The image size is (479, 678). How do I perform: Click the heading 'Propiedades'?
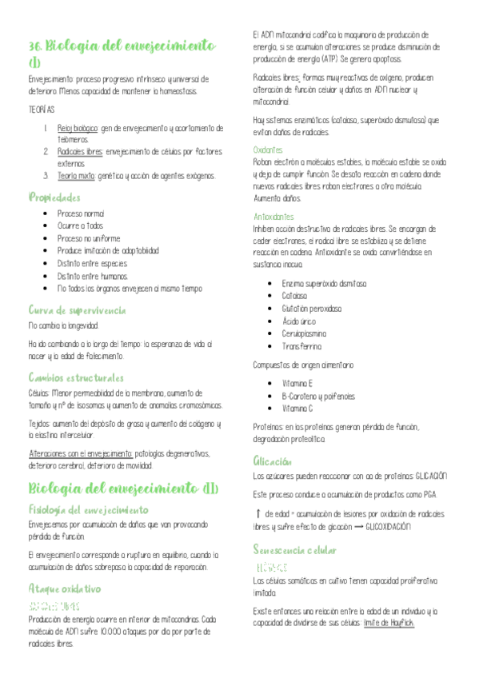(x=54, y=197)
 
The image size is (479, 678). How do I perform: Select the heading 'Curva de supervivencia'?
(x=77, y=309)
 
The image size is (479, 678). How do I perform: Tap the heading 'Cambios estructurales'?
(x=76, y=377)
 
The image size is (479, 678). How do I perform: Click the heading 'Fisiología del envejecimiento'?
(x=88, y=508)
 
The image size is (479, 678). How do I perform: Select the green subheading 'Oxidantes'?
(x=268, y=150)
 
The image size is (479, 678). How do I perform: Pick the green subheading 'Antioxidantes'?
(x=273, y=217)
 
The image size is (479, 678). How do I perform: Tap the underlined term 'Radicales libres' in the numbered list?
(x=80, y=151)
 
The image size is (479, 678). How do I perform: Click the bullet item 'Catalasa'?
(x=295, y=296)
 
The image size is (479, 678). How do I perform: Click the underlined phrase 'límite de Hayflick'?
(x=387, y=600)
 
